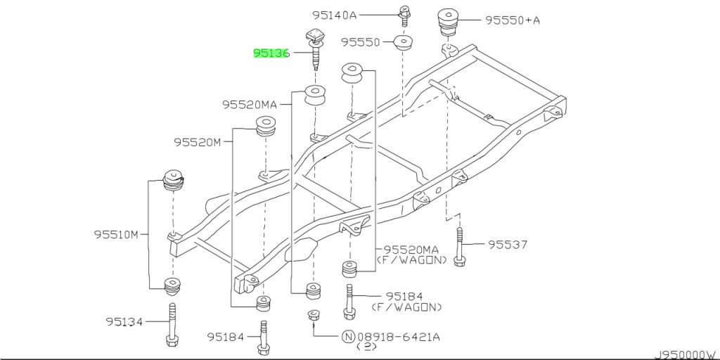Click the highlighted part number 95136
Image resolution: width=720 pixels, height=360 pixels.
tap(272, 53)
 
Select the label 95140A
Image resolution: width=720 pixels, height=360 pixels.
tap(335, 15)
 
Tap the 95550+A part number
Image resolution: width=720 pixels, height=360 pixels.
tap(513, 20)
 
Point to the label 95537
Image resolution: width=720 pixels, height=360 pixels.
tap(508, 245)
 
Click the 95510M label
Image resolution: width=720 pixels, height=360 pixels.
tap(116, 235)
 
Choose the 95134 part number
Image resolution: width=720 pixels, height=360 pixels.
tap(124, 321)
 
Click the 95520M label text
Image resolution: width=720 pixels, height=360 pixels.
tap(198, 142)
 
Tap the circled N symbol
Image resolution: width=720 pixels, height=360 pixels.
tap(347, 337)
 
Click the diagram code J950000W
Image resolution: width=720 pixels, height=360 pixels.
tap(687, 355)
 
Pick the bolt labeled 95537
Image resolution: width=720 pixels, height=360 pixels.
tap(459, 247)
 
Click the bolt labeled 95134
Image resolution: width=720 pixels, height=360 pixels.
tap(172, 325)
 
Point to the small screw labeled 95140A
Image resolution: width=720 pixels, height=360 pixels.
tap(404, 16)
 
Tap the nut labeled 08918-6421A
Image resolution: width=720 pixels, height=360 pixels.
tap(314, 316)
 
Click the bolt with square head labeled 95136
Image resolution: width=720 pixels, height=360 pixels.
tap(314, 49)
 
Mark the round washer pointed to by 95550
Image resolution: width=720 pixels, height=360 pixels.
tap(403, 43)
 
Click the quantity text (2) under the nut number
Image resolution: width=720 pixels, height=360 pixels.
tap(366, 347)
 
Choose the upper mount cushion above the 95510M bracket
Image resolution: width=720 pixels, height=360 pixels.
tap(174, 181)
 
